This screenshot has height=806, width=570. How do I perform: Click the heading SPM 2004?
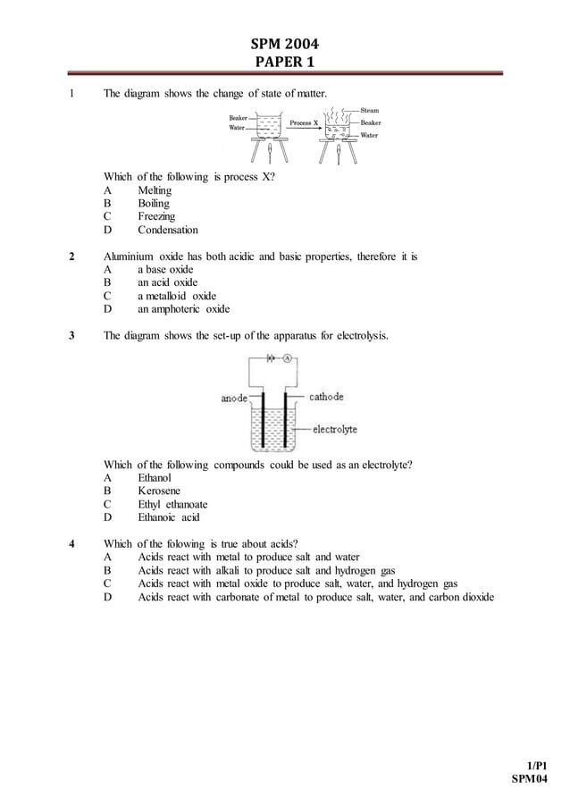(284, 43)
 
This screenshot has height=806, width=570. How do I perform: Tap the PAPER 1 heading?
(284, 62)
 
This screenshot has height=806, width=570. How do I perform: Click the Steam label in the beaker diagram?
(370, 110)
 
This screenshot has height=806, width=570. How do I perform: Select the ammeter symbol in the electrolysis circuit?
(289, 357)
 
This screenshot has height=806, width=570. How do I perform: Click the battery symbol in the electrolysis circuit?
(269, 357)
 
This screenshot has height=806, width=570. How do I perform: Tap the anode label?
(234, 399)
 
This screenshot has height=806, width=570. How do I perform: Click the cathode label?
(326, 397)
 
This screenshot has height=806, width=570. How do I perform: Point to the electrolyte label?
(334, 429)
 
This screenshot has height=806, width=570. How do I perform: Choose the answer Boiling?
(153, 203)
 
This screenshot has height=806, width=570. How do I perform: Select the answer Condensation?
(167, 230)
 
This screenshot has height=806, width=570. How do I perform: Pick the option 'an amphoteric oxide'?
(183, 309)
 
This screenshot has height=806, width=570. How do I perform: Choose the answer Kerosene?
(158, 491)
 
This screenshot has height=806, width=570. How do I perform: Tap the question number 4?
(71, 543)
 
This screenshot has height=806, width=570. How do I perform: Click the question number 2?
(71, 256)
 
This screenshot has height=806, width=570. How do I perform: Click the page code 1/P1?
(536, 766)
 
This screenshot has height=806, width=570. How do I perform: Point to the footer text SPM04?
(529, 779)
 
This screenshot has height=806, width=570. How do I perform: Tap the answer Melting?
(154, 190)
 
